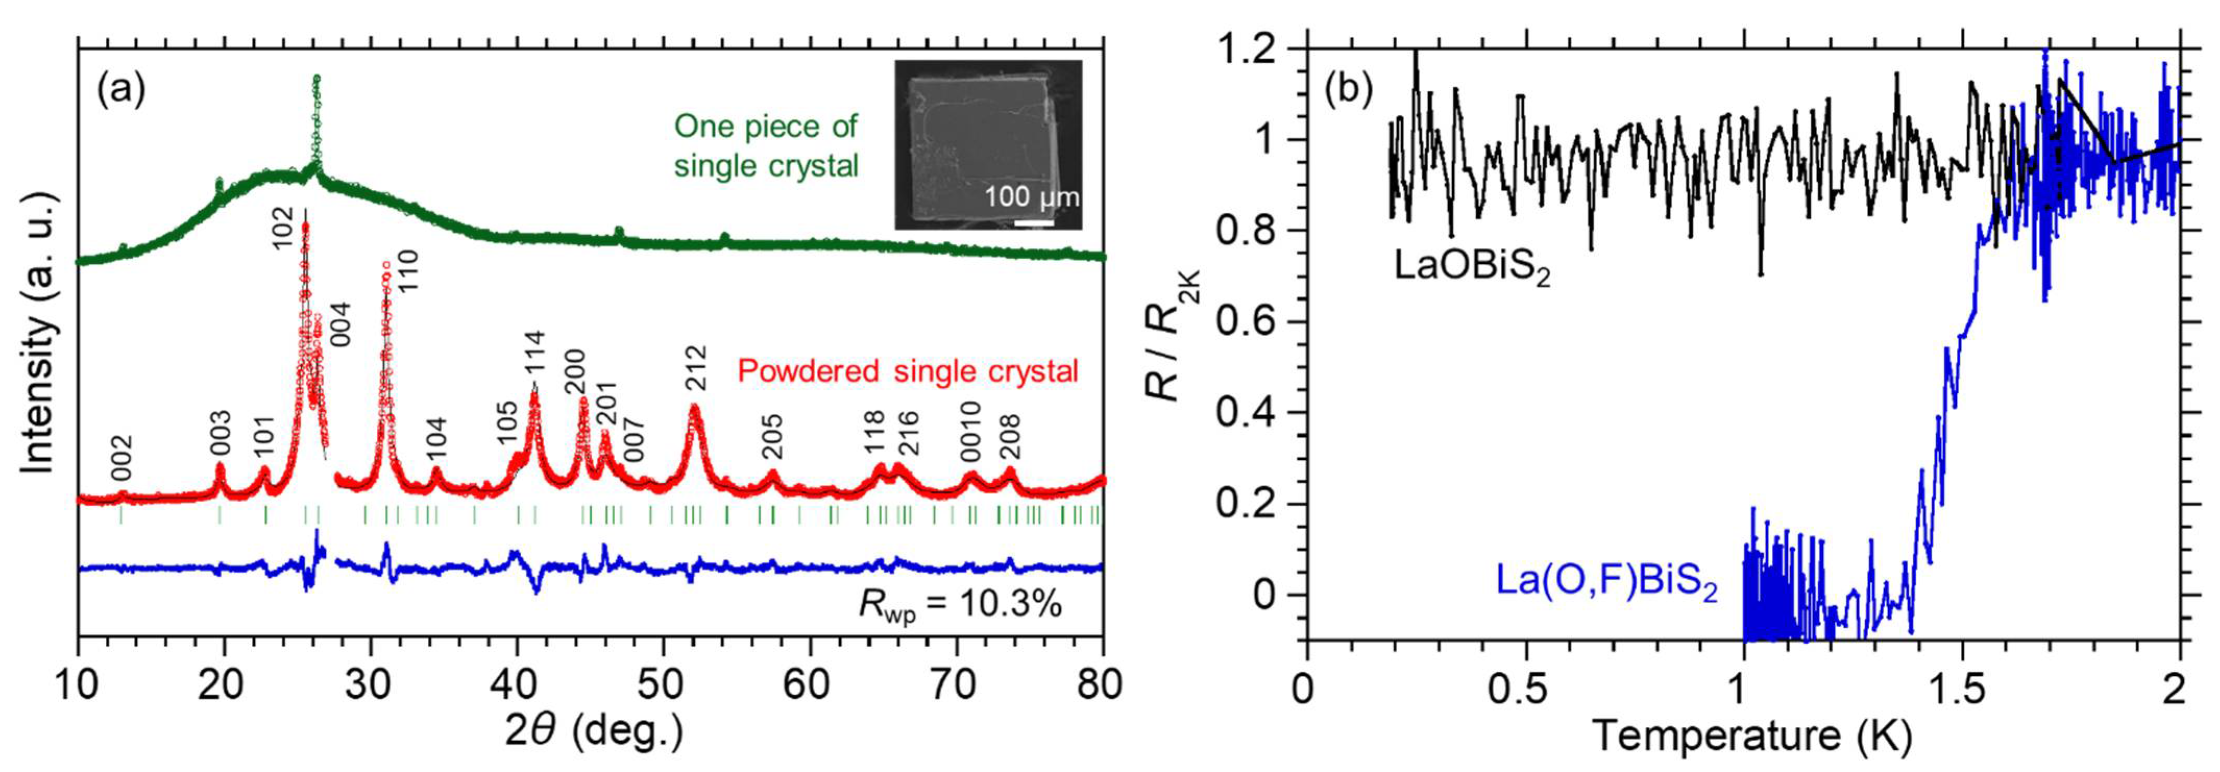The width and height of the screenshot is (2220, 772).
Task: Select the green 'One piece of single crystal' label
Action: pos(765,145)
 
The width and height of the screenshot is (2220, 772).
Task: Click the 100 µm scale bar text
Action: pos(1031,198)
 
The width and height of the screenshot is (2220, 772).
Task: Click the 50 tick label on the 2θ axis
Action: pos(663,685)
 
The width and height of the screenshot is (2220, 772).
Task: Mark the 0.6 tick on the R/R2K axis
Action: pos(1245,322)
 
